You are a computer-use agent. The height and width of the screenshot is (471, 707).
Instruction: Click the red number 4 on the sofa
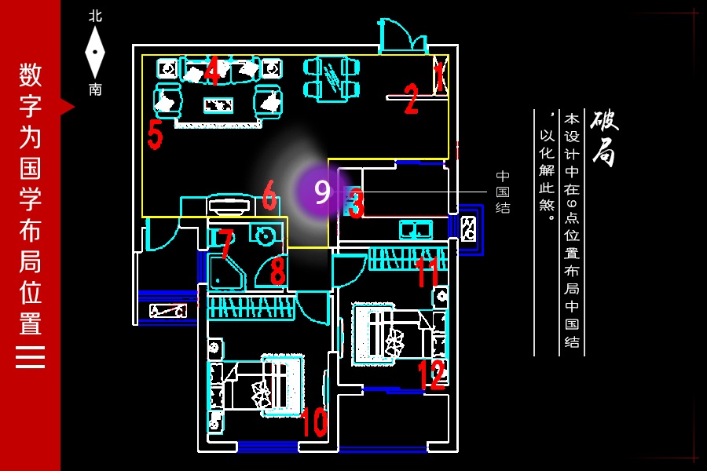pos(212,70)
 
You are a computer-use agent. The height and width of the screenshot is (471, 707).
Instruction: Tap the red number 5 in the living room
pos(155,134)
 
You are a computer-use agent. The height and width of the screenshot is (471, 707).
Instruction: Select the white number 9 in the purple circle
pos(322,192)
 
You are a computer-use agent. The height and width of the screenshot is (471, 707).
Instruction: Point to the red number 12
pos(432,374)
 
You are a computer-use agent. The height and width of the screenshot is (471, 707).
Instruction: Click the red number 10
pos(314,422)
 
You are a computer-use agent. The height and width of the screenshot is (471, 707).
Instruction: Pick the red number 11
pos(427,272)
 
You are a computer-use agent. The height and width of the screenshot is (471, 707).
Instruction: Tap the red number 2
pos(411,98)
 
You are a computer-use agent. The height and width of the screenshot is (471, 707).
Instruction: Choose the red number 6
pos(269,195)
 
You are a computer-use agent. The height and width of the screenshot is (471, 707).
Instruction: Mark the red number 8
pos(278,270)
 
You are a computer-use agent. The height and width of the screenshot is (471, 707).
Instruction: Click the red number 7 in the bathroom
pos(225,244)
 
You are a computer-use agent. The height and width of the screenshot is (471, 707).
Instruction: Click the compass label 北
pos(95,16)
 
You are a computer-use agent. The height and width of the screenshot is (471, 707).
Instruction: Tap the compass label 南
pos(95,89)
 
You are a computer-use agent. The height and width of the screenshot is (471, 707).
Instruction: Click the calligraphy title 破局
pos(604,138)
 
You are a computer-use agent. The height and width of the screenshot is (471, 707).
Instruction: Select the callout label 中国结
pos(503,192)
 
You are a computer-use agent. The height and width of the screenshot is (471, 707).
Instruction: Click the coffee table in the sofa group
pos(218,105)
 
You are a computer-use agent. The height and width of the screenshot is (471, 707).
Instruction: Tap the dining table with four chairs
pos(332,78)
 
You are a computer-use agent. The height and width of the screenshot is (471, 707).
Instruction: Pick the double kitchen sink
pos(416,229)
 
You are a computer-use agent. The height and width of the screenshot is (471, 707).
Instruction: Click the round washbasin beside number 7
pos(264,235)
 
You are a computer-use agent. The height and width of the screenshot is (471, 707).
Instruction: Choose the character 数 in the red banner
pos(30,75)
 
